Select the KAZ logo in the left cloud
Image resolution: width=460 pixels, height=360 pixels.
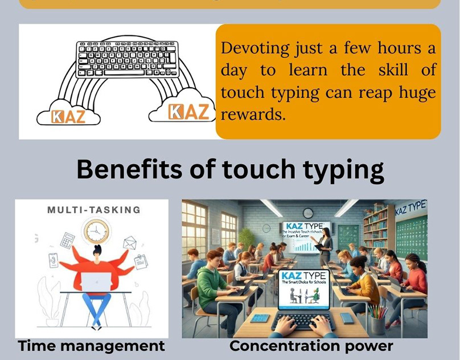coord(68,116)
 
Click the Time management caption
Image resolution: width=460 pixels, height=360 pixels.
coord(91,345)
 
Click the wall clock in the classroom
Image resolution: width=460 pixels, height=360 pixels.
coord(308,213)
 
